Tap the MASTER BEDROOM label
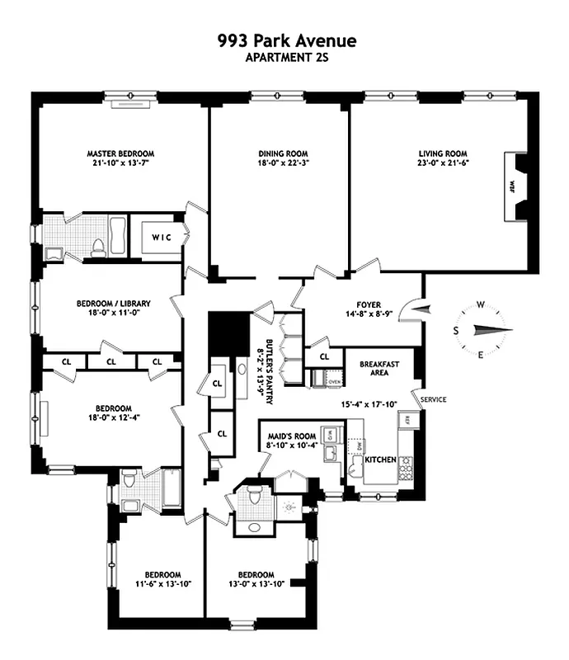pyautogui.click(x=120, y=153)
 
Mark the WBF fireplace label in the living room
pyautogui.click(x=511, y=185)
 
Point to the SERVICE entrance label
pyautogui.click(x=433, y=400)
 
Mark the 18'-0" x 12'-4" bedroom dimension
pyautogui.click(x=113, y=418)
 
